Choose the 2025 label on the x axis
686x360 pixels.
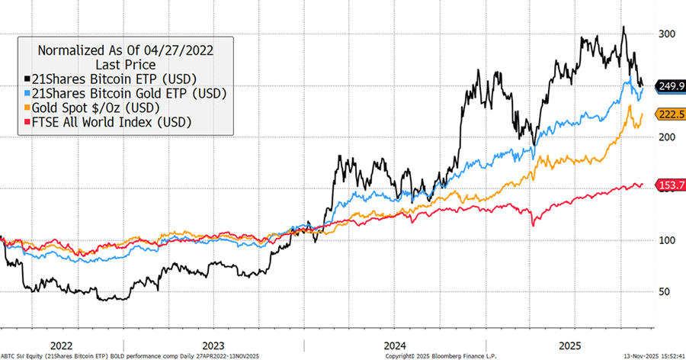point(568,345)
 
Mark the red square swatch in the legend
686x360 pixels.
point(28,122)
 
